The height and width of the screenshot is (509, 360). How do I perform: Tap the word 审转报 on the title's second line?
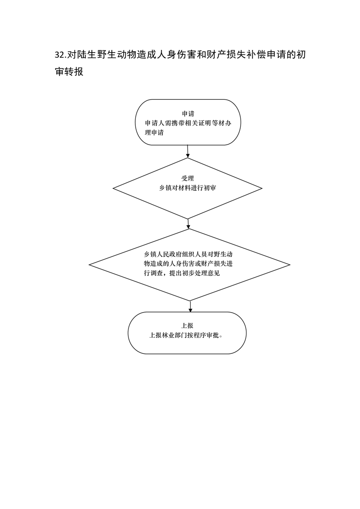pyautogui.click(x=69, y=72)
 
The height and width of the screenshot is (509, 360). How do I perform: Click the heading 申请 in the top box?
pyautogui.click(x=187, y=113)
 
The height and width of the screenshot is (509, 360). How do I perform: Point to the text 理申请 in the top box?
pyautogui.click(x=154, y=133)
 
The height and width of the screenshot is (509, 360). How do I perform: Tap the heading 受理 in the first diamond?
pyautogui.click(x=187, y=178)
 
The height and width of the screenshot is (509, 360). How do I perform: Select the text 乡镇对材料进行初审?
pyautogui.click(x=187, y=188)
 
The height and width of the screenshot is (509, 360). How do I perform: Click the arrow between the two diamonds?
pyautogui.click(x=188, y=224)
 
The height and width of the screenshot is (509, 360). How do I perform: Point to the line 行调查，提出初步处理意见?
pyautogui.click(x=182, y=274)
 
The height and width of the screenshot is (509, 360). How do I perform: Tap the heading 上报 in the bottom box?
pyautogui.click(x=187, y=326)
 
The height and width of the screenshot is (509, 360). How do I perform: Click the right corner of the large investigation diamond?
pyautogui.click(x=290, y=264)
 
